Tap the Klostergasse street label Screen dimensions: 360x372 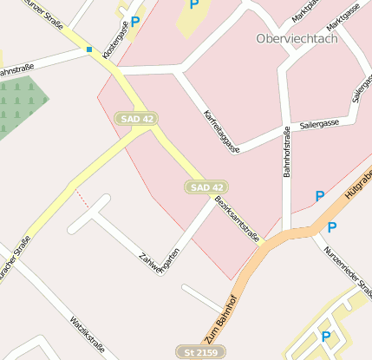point(115,40)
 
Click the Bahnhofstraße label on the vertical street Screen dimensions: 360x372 point(287,152)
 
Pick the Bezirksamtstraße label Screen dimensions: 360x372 point(237,220)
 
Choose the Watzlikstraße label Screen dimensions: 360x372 point(88,336)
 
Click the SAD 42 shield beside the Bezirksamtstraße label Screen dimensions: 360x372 point(207,187)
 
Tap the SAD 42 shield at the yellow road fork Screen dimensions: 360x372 point(136,117)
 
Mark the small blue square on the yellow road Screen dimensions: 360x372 point(88,49)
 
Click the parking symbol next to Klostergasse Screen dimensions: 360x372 point(135,22)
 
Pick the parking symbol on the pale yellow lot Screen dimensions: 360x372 point(193,5)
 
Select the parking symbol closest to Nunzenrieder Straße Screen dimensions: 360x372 point(331,228)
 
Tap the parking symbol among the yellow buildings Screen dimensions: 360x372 point(326,337)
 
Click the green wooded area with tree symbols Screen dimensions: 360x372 point(17,107)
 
